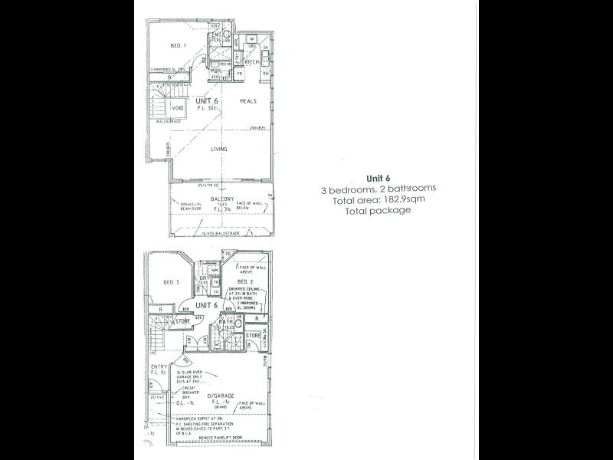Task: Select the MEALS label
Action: (247, 100)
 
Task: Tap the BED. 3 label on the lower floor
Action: (172, 282)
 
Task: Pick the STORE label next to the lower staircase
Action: (182, 321)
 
